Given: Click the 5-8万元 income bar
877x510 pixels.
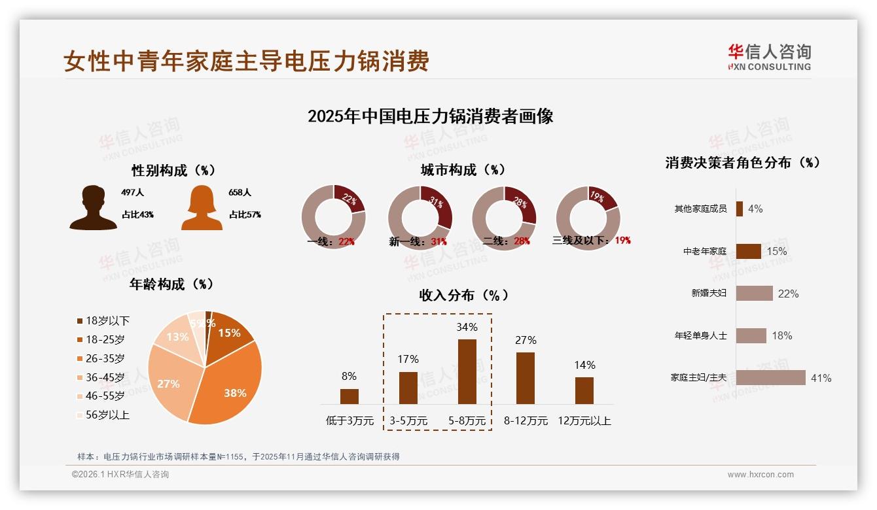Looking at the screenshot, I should click(467, 371).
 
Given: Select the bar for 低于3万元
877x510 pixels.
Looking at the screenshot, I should click(349, 396).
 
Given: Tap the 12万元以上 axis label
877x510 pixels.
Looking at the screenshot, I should click(584, 421).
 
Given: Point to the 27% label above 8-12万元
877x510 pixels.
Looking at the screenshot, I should click(526, 340).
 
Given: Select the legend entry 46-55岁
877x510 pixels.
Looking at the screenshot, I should click(105, 396).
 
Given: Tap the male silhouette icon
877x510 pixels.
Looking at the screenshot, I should click(94, 208).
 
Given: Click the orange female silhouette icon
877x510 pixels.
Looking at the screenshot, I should click(202, 208).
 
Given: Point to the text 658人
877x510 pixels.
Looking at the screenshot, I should click(240, 193).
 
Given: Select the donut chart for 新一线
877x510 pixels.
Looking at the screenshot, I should click(420, 217).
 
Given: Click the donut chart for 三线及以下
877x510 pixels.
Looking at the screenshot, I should click(588, 217).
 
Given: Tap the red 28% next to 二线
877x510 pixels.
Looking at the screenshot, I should click(522, 241).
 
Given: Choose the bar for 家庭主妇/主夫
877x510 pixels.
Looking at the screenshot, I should click(770, 378).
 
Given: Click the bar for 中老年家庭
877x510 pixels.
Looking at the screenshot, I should click(748, 251).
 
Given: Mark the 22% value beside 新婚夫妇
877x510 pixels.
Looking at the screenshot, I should click(788, 294).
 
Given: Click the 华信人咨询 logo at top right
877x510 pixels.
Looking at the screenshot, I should click(769, 57).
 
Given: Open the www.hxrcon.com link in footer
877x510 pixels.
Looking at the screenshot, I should click(761, 475).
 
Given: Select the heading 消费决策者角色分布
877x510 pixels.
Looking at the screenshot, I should click(742, 163).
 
